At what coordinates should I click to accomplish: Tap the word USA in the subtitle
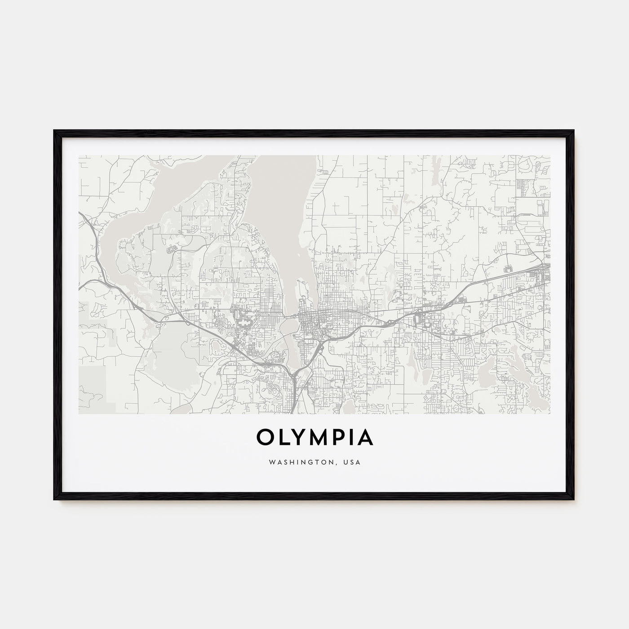[353, 461]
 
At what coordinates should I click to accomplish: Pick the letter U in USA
[347, 461]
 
